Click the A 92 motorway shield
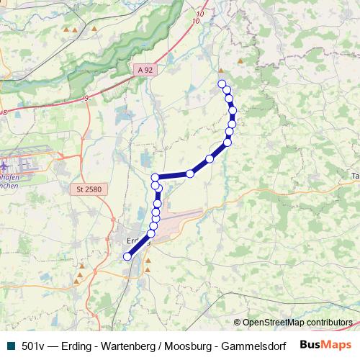pos(145,70)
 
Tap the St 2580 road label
pos(89,189)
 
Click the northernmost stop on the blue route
pos(222,84)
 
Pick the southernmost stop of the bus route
pos(127,256)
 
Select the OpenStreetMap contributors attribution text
pos(297,322)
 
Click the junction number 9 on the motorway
pos(86,96)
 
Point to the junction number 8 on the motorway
pos(4,112)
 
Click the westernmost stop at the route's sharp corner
pos(155,177)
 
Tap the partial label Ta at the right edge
pos(355,176)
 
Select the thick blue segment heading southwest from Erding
pos(138,247)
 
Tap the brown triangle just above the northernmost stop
pos(220,71)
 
